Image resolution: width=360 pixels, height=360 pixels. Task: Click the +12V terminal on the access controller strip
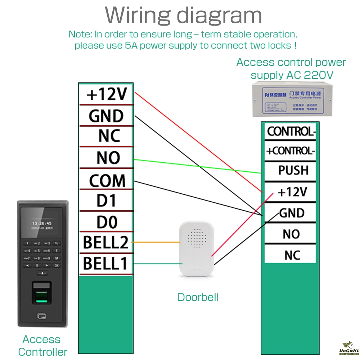click(x=107, y=94)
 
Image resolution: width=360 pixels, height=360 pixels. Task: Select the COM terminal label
click(x=107, y=181)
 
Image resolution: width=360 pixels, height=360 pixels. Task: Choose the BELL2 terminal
click(x=106, y=243)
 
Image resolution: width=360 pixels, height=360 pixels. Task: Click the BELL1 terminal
click(x=105, y=264)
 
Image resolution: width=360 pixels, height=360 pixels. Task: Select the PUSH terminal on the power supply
click(x=293, y=170)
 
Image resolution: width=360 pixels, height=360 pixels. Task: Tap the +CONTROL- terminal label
click(x=290, y=150)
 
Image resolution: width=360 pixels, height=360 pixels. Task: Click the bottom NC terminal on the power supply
click(x=292, y=255)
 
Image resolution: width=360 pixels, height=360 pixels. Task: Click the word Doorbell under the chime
click(x=198, y=297)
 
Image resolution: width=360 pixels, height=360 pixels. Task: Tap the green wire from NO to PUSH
click(x=198, y=166)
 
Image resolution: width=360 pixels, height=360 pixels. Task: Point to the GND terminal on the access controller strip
click(x=106, y=116)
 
